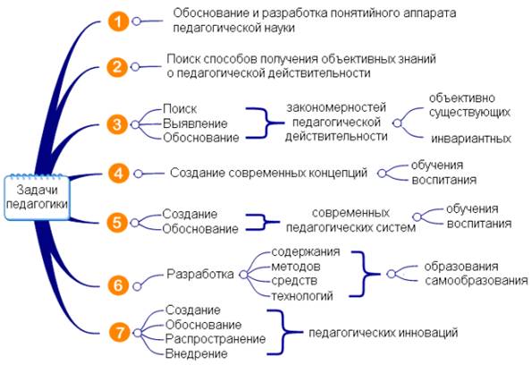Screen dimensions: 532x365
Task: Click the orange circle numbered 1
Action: coord(118,21)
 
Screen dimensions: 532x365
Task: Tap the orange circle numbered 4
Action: coord(118,174)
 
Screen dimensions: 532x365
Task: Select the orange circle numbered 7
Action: coord(120,333)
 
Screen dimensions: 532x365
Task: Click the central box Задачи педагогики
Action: coord(37,198)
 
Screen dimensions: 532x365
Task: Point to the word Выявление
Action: coord(195,123)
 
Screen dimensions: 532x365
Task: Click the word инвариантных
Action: coord(471,139)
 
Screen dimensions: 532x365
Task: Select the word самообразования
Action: coord(477,281)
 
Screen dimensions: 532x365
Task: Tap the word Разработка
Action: coord(200,274)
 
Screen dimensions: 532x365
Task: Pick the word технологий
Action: coord(302,296)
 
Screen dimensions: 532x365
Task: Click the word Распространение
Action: coord(215,339)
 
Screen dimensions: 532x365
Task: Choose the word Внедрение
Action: coord(196,353)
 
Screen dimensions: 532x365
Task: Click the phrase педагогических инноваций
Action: coord(383,333)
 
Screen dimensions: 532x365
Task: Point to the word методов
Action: coord(296,267)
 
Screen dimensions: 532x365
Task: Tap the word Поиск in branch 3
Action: coord(180,109)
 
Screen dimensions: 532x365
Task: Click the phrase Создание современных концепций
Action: coord(269,173)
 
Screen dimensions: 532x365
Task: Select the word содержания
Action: coord(306,252)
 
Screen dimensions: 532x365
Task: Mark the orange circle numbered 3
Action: coord(117,124)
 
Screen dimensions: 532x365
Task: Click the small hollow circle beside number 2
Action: coord(135,66)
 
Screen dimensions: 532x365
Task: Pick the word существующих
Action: coord(469,113)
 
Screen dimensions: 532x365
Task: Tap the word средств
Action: coord(294,281)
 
